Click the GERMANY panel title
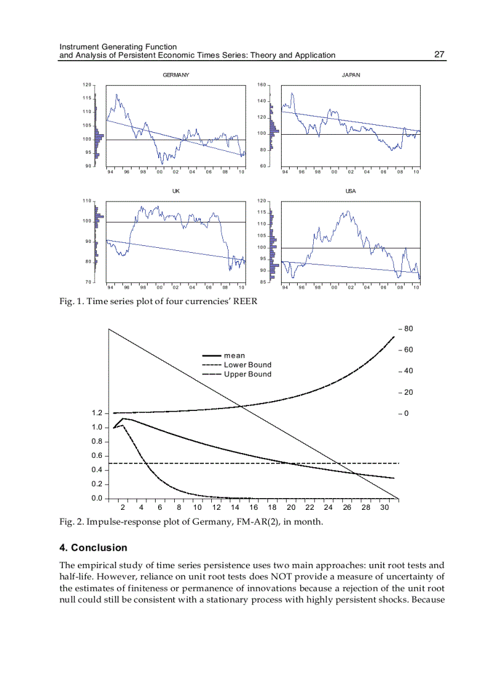click(x=175, y=75)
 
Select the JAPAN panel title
click(x=351, y=75)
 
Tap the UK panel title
click(x=175, y=191)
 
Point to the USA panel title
click(x=351, y=191)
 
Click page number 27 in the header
click(x=439, y=54)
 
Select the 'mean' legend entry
click(x=234, y=355)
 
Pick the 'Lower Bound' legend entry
click(x=247, y=365)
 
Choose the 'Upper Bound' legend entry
click(x=247, y=374)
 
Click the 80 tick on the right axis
click(x=408, y=329)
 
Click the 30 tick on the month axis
click(x=384, y=507)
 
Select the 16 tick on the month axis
click(x=253, y=507)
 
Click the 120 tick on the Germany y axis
click(x=87, y=85)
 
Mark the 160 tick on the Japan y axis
click(x=261, y=85)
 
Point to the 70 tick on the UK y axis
click(x=88, y=282)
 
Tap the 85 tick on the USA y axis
click(x=262, y=282)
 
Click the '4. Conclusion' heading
click(x=93, y=548)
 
